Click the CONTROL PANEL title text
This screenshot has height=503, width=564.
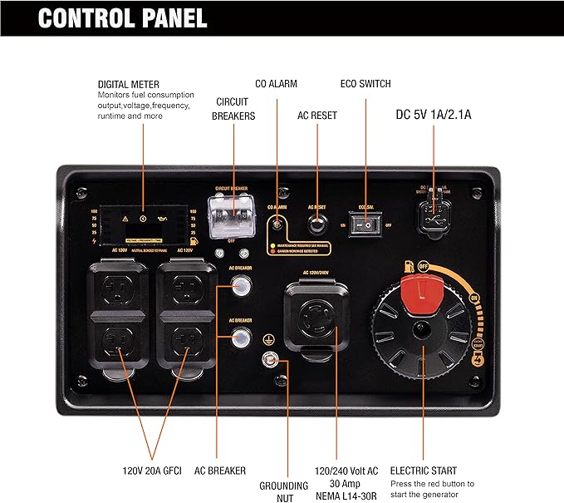[x=123, y=17]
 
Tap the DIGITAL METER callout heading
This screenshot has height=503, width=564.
[x=128, y=84]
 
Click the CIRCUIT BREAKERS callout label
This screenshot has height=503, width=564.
[x=233, y=110]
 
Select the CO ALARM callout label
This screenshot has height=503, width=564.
[x=276, y=84]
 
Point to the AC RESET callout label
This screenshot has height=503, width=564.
[x=317, y=115]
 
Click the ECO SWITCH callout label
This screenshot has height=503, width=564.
[x=365, y=84]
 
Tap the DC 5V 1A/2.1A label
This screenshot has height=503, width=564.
[x=433, y=115]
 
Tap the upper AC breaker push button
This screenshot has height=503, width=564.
[x=240, y=287]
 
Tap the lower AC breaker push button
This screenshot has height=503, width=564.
[x=240, y=337]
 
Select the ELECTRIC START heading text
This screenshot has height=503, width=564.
[x=423, y=471]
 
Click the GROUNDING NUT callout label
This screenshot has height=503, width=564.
[x=283, y=491]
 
